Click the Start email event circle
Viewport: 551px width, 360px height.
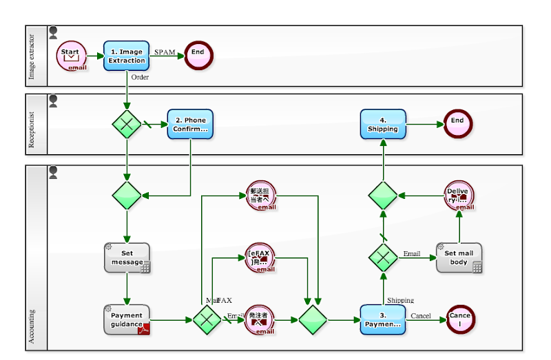[x=71, y=55]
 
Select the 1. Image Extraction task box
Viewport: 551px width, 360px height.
[x=126, y=55]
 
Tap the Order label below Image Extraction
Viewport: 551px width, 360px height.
[x=140, y=77]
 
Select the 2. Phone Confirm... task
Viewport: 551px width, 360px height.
[x=190, y=124]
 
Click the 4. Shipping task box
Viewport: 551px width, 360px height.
[x=383, y=124]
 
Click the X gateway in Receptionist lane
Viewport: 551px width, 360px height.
[x=127, y=124]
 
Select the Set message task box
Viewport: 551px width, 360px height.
[x=127, y=257]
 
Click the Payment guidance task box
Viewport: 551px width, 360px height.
[x=127, y=319]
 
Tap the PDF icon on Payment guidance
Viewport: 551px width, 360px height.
[x=145, y=328]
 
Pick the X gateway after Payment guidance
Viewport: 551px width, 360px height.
[x=206, y=320]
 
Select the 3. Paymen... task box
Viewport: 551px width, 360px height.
[x=383, y=319]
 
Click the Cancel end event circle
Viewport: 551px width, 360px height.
[x=459, y=319]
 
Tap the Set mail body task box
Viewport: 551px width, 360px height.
[x=459, y=257]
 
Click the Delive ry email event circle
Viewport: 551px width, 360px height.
[x=459, y=195]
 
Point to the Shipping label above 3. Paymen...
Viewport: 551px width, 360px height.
[x=400, y=300]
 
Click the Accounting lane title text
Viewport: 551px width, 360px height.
[x=32, y=326]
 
